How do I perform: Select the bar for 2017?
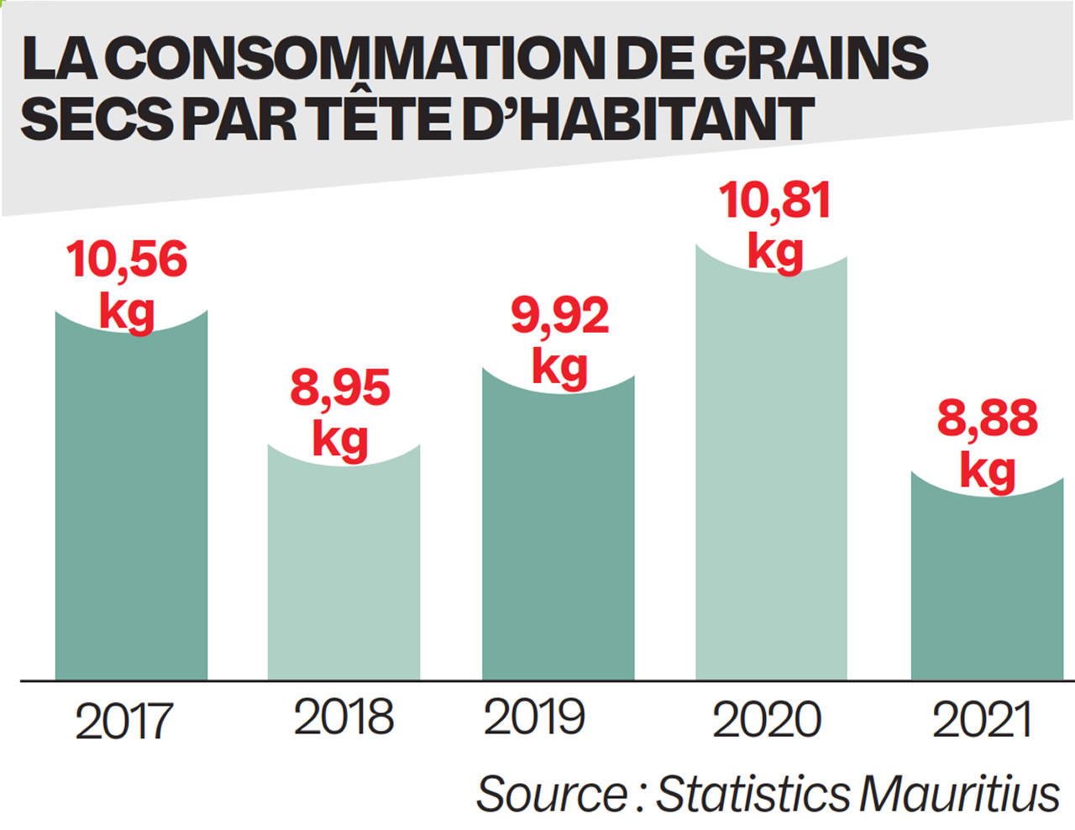click(x=131, y=504)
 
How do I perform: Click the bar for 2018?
click(x=343, y=571)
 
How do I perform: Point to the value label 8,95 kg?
click(x=340, y=412)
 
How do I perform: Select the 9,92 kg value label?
click(x=559, y=340)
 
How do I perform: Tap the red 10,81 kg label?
click(x=775, y=225)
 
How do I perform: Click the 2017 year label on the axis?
click(x=123, y=722)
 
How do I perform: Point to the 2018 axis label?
click(x=343, y=717)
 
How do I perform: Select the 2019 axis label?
click(x=534, y=717)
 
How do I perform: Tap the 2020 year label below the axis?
click(x=767, y=720)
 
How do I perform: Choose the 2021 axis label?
click(x=982, y=720)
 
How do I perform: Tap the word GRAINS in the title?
click(x=814, y=58)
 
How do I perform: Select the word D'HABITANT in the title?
click(x=638, y=118)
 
